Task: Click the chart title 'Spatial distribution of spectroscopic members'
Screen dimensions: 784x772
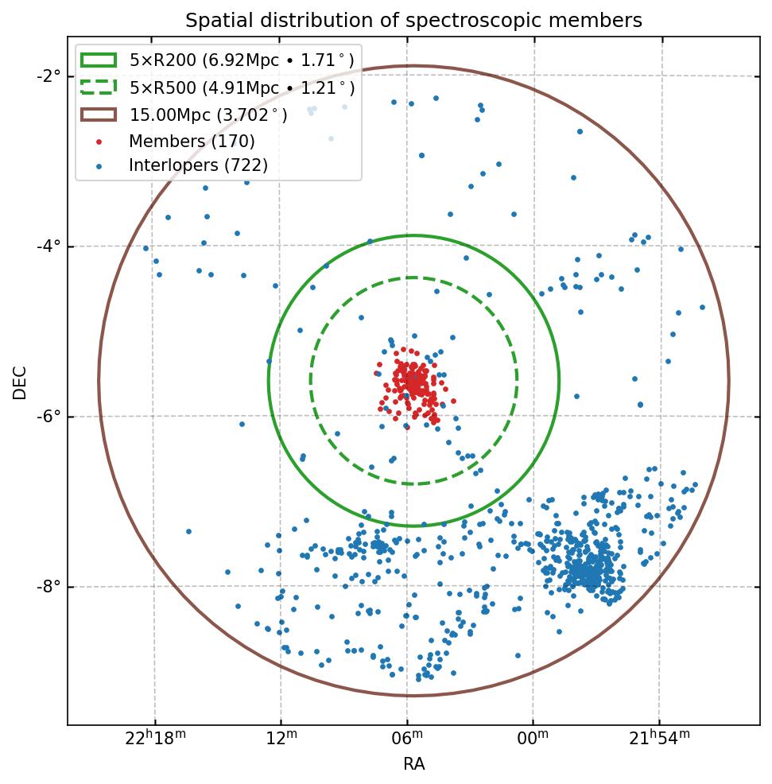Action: point(413,20)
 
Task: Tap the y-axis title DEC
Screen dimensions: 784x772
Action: point(20,382)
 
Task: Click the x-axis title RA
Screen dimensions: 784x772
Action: point(413,764)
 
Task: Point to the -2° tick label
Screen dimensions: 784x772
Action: point(50,76)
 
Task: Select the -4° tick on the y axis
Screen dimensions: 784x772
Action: point(50,246)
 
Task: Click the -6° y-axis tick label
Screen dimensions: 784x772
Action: point(50,417)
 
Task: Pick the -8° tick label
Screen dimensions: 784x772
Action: point(50,587)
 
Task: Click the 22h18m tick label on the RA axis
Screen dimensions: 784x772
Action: point(156,739)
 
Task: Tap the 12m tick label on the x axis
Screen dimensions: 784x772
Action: point(281,739)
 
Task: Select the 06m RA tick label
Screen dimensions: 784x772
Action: point(408,739)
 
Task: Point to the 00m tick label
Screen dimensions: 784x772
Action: point(533,739)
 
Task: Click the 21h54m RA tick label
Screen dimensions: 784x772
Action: point(660,739)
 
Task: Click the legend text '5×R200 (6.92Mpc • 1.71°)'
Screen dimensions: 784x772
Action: point(242,60)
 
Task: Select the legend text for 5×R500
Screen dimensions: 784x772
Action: point(242,87)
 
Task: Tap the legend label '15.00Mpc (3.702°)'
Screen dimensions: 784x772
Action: point(208,114)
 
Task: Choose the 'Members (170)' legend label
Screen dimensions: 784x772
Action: point(192,141)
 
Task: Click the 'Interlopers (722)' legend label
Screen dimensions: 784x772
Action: point(198,165)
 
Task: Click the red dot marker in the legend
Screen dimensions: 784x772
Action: point(99,142)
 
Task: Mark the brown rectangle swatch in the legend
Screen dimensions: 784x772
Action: point(99,114)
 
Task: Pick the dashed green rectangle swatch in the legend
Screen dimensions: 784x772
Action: point(99,87)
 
